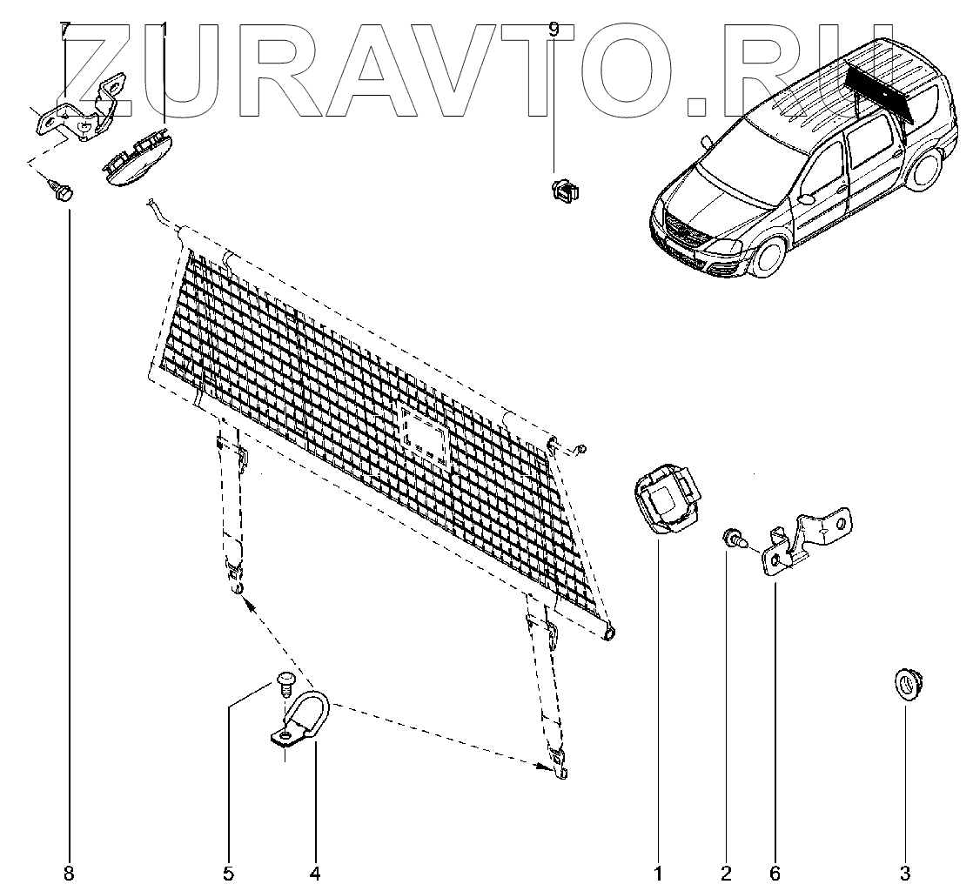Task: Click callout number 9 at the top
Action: click(x=554, y=30)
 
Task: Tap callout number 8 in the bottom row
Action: click(x=70, y=873)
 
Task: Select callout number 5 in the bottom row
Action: click(x=228, y=873)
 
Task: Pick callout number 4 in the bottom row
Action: click(x=315, y=873)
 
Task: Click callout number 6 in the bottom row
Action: click(x=775, y=873)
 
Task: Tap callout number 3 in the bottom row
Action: click(x=905, y=873)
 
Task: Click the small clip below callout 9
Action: click(x=567, y=189)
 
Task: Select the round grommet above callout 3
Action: click(x=906, y=683)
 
